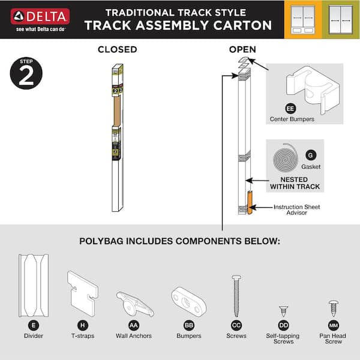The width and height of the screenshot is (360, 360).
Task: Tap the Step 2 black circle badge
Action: pyautogui.click(x=26, y=74)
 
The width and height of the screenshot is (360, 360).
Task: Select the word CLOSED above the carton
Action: pyautogui.click(x=118, y=49)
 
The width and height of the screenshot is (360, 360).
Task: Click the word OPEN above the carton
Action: pyautogui.click(x=243, y=49)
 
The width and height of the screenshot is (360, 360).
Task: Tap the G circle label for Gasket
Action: pyautogui.click(x=310, y=155)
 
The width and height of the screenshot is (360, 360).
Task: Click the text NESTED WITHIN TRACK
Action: pyautogui.click(x=295, y=183)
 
